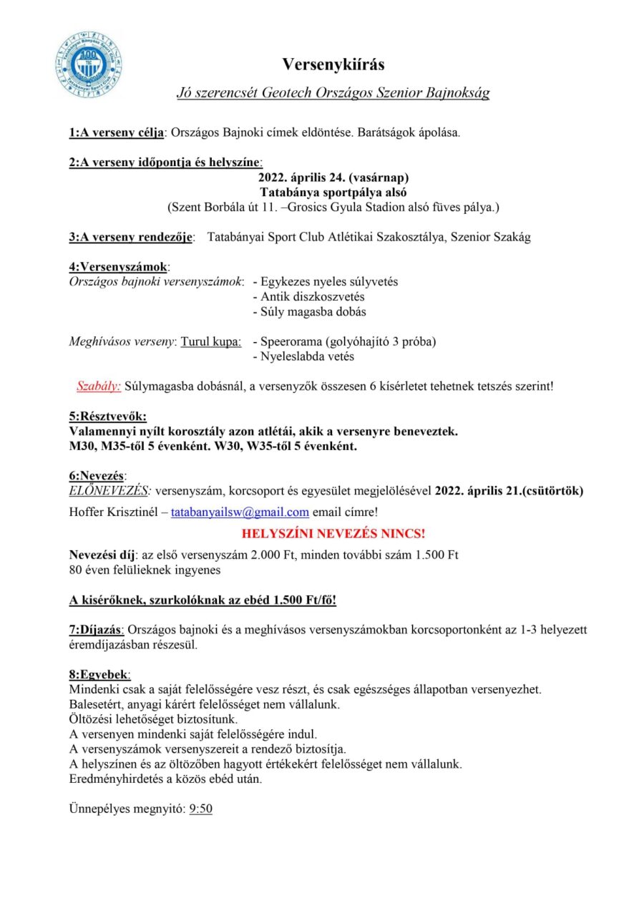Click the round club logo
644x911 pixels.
pyautogui.click(x=89, y=64)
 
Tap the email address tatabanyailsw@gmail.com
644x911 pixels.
pyautogui.click(x=240, y=512)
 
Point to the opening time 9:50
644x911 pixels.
pyautogui.click(x=201, y=809)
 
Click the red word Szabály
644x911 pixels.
pyautogui.click(x=99, y=386)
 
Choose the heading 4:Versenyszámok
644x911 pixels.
pyautogui.click(x=118, y=266)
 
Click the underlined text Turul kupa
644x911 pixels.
pyautogui.click(x=210, y=341)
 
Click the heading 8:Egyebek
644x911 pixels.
pyautogui.click(x=99, y=674)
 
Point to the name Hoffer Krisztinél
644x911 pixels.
pyautogui.click(x=114, y=512)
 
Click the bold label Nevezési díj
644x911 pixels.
pyautogui.click(x=102, y=555)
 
